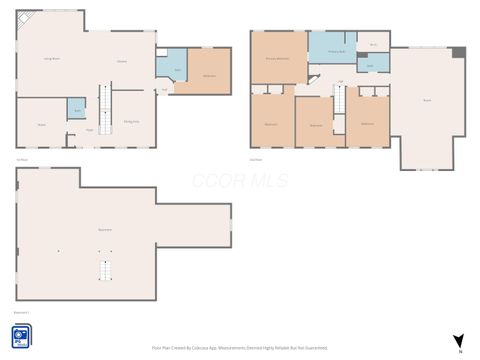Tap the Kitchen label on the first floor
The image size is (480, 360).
click(x=122, y=62)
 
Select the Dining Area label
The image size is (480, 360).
click(x=131, y=121)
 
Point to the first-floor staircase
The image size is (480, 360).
click(x=103, y=103)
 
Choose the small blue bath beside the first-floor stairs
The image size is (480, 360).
click(x=76, y=109)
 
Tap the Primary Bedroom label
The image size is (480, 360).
click(x=277, y=59)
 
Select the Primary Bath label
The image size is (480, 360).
click(x=336, y=50)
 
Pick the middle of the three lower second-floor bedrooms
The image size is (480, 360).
click(x=316, y=125)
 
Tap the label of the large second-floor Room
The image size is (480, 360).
click(x=427, y=101)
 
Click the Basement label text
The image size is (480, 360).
click(x=104, y=229)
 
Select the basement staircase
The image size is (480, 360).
click(x=103, y=270)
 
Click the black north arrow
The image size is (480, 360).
click(x=458, y=341)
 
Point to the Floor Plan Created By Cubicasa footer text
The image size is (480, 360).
click(x=240, y=347)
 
